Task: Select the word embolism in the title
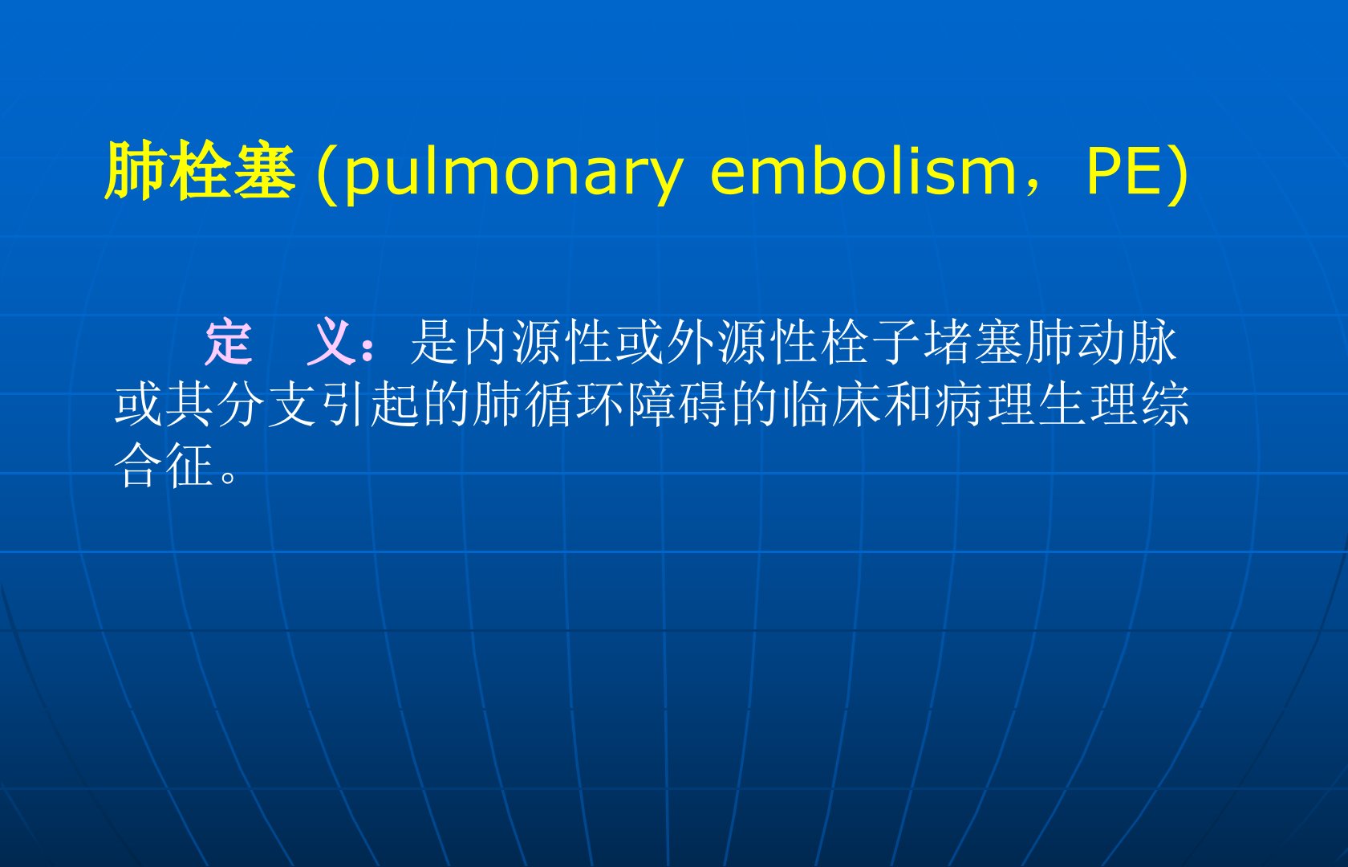[863, 171]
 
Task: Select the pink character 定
[229, 342]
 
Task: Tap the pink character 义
[330, 342]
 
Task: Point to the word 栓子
[872, 342]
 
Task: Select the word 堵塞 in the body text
[974, 342]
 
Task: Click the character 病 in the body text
[960, 404]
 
